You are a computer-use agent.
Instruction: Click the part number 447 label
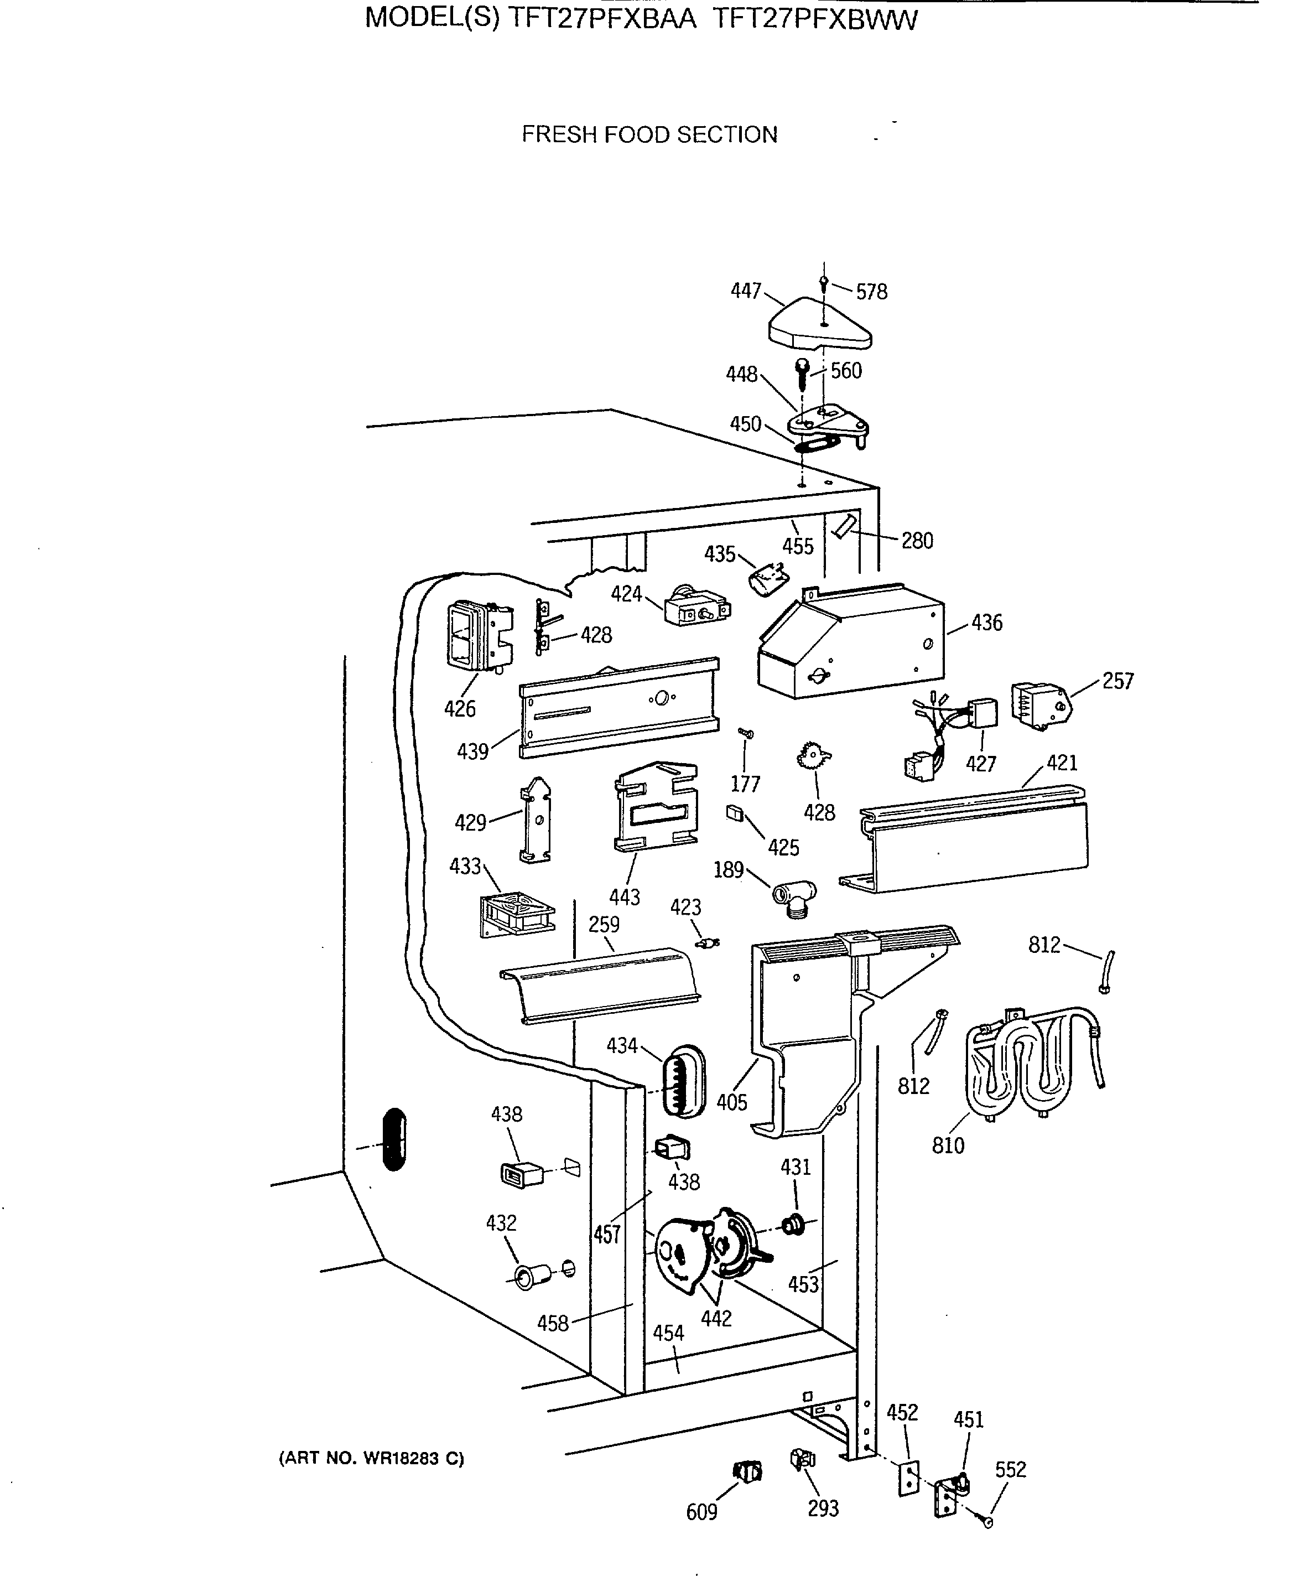point(746,291)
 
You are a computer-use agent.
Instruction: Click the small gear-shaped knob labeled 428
point(813,756)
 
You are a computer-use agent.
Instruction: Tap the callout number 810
point(948,1146)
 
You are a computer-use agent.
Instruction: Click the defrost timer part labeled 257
point(1039,704)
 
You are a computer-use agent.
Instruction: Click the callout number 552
point(1010,1469)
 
